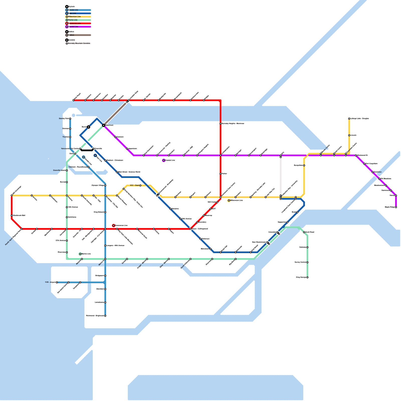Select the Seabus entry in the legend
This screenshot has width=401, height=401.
[x=71, y=35]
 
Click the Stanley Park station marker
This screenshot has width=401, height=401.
[x=70, y=119]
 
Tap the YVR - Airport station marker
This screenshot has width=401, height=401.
[x=57, y=282]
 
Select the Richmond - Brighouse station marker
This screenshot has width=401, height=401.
[x=105, y=316]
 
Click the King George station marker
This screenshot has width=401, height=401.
[x=308, y=277]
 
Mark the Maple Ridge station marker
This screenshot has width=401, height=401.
[x=396, y=207]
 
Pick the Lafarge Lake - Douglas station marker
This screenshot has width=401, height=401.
[x=349, y=119]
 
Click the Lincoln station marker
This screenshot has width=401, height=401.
[x=349, y=135]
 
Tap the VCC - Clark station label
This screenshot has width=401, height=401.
[x=135, y=185]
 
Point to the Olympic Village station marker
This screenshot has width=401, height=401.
[x=105, y=185]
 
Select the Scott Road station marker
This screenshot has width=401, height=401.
[x=304, y=232]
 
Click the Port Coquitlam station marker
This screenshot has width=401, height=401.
[x=364, y=164]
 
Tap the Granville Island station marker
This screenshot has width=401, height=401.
[x=67, y=170]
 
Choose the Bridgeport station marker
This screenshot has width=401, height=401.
[x=105, y=276]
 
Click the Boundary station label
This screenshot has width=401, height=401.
[x=202, y=222]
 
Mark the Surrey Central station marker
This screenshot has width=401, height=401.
[x=308, y=262]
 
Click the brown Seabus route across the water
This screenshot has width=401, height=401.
[x=115, y=113]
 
